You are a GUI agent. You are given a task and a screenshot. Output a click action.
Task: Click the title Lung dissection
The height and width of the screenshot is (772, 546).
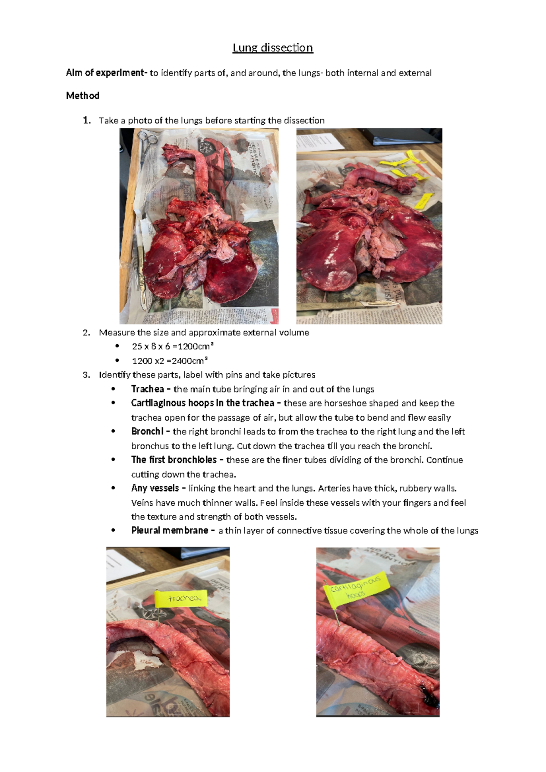tap(273, 48)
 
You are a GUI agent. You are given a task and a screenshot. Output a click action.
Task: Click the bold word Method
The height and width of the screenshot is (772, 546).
tap(82, 96)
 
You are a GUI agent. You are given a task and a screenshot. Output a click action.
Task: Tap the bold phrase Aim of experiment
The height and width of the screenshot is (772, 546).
tap(105, 73)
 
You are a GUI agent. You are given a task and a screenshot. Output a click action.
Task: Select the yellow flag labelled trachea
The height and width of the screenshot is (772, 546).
tap(181, 598)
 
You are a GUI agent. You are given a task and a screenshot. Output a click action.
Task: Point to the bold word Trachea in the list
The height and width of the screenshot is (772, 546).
tap(147, 389)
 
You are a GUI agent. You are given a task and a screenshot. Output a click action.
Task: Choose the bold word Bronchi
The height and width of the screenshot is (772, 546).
tap(147, 431)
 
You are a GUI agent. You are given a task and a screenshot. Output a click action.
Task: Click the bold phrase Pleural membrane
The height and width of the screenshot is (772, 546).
tap(169, 530)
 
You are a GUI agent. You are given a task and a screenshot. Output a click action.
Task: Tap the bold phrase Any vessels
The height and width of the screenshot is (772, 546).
tap(155, 488)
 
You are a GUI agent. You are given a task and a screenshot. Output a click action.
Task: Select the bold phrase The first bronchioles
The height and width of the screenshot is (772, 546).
tap(173, 460)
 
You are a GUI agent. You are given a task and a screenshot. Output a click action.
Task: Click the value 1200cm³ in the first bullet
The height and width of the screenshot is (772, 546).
tap(195, 346)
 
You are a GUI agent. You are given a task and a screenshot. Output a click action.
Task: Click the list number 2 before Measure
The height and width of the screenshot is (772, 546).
tap(86, 333)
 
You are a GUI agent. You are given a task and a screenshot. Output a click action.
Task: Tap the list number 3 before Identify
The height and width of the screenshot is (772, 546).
tap(86, 375)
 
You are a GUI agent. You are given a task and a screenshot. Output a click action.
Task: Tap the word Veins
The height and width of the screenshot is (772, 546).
tap(142, 503)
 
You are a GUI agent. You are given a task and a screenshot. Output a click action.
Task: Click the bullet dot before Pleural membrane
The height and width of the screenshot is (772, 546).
tap(113, 530)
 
